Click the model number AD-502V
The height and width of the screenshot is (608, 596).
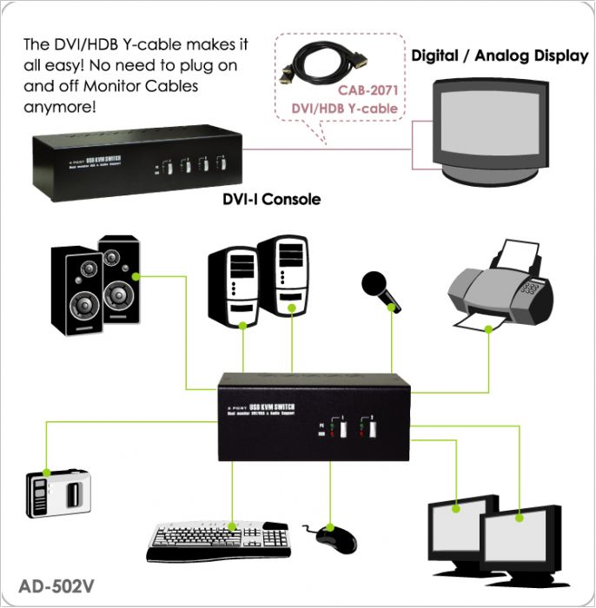[56, 585]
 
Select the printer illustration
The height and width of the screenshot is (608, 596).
[500, 287]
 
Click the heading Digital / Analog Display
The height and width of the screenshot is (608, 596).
[500, 56]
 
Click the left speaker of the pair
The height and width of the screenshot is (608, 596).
[76, 291]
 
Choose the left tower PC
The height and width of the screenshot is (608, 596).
[233, 287]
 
